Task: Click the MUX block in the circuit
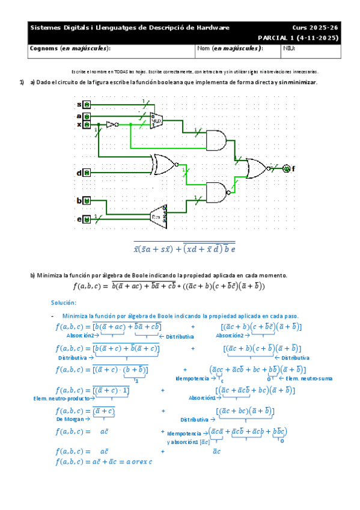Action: [156, 120]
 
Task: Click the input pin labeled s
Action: [87, 105]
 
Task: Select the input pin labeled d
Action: [87, 173]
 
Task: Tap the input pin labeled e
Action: [87, 220]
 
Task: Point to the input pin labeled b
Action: [87, 200]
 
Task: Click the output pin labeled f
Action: [287, 168]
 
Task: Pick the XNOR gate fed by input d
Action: [164, 163]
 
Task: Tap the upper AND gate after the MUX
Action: [216, 140]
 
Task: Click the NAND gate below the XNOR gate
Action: [217, 192]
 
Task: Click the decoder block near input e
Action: [158, 215]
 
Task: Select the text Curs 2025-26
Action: [315, 28]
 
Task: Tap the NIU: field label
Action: [290, 48]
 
